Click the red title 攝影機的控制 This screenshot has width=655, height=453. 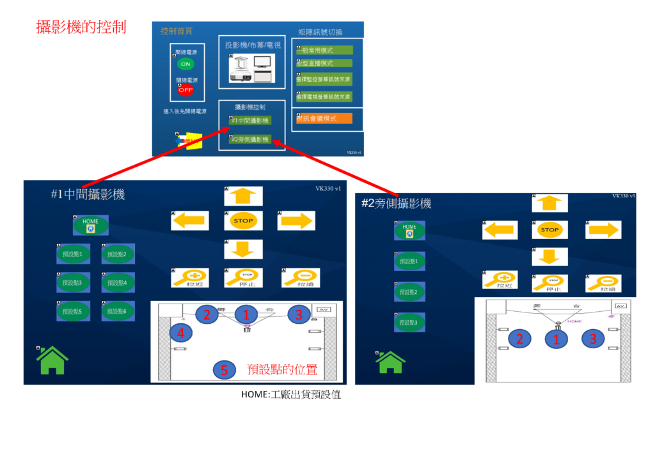(81, 27)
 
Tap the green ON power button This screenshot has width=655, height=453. (185, 64)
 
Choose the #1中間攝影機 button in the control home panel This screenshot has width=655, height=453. (250, 120)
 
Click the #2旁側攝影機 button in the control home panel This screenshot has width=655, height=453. (250, 139)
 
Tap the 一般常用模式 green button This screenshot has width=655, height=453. (324, 50)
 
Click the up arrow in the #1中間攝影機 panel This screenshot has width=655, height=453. (243, 196)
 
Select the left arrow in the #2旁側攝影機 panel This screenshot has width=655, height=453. (499, 229)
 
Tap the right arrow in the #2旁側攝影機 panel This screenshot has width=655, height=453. (603, 229)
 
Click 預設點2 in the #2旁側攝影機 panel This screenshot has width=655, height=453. (409, 292)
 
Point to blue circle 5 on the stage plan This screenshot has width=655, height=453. (224, 370)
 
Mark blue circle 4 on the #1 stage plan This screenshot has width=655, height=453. (181, 333)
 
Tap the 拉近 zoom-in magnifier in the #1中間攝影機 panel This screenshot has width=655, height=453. (188, 278)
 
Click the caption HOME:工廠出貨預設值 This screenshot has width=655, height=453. (290, 395)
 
